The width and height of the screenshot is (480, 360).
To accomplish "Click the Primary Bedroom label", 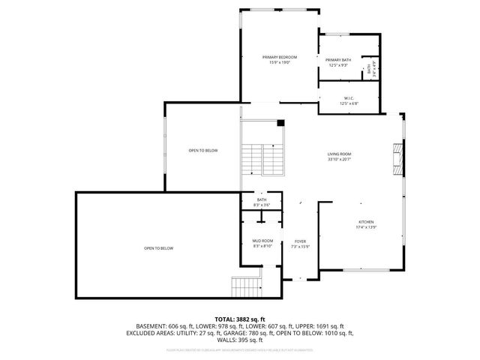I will coord(279,57).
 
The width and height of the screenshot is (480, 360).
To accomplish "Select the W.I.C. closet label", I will coord(349,98).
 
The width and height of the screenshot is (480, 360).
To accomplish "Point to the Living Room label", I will coord(339,153).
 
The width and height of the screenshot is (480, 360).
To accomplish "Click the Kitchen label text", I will coord(365,221).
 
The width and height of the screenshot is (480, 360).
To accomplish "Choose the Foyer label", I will coord(300,241).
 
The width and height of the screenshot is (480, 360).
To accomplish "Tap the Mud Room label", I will coord(262,241).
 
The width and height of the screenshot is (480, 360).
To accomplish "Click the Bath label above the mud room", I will coord(262,199).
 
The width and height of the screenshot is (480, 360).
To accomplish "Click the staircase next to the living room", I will coord(262,157).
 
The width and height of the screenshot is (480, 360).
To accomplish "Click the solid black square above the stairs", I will coord(280,123).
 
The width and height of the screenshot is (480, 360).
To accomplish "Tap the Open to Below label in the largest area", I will coord(159,248).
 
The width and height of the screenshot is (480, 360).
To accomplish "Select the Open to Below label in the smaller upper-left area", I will coord(202,151).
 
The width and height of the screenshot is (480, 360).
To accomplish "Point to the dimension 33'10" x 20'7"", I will coord(339,160).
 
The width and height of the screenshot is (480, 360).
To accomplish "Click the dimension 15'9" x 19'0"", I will coord(279,63).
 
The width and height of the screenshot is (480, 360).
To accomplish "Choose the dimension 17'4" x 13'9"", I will coord(365,227).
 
